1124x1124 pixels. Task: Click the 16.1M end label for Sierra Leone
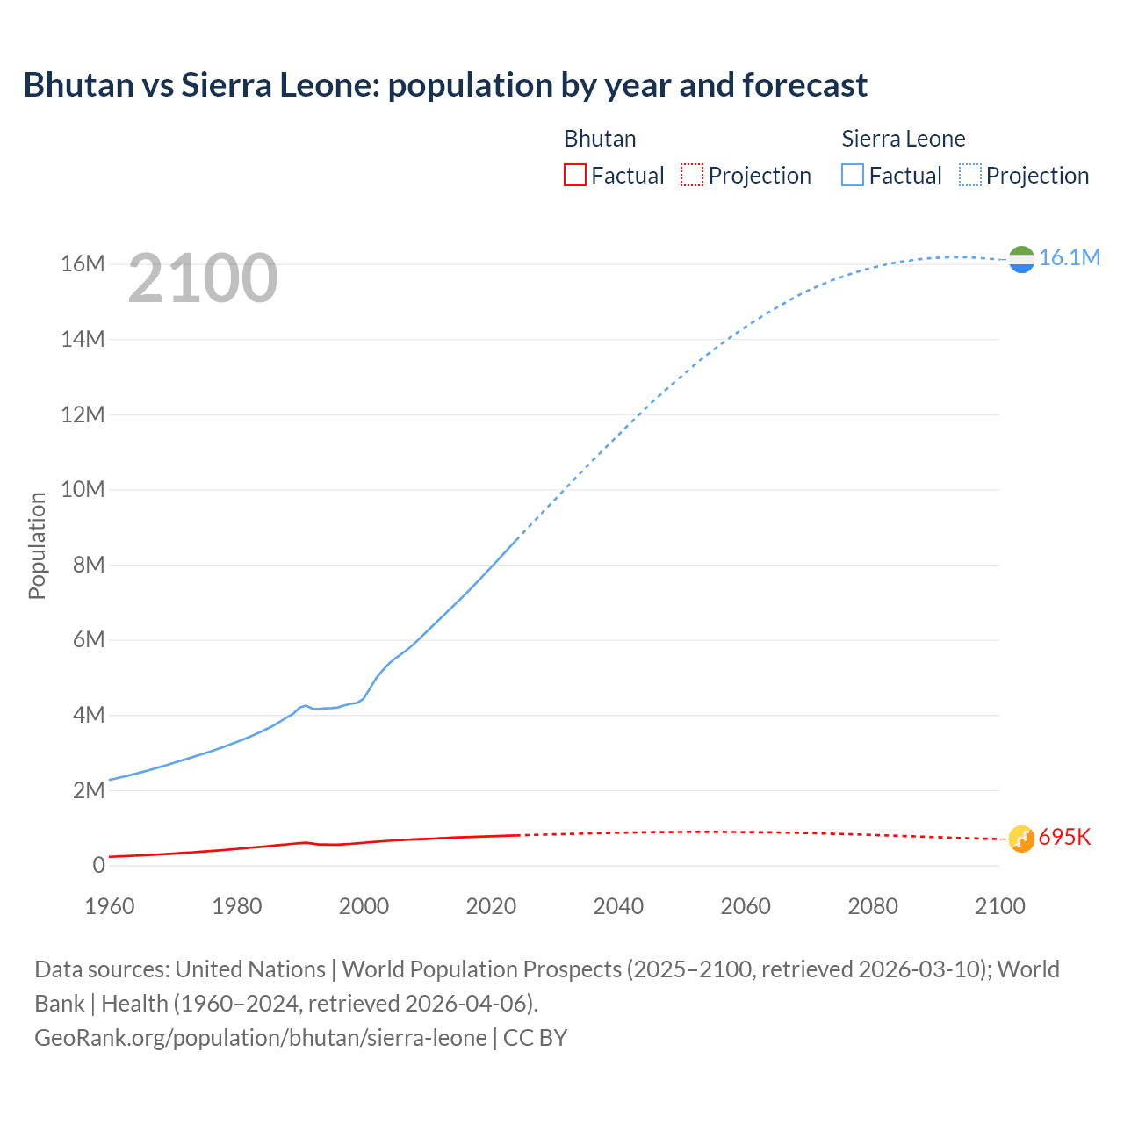click(x=1069, y=257)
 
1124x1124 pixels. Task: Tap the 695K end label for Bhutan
click(x=1064, y=837)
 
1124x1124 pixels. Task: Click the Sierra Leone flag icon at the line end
click(x=1021, y=259)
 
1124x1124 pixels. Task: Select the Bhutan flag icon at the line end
click(x=1021, y=839)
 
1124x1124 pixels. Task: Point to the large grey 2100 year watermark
click(x=203, y=278)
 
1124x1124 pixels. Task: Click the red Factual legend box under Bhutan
click(x=574, y=175)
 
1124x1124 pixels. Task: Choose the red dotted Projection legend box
click(x=692, y=175)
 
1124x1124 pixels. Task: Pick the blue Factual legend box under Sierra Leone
click(x=853, y=175)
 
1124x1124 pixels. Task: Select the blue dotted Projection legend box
click(x=970, y=175)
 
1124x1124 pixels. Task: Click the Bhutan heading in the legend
click(x=600, y=139)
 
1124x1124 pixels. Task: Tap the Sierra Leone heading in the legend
click(x=903, y=139)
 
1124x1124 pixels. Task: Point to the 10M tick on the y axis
click(x=83, y=489)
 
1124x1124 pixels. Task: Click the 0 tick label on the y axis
click(x=98, y=865)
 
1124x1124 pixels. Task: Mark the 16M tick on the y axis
click(x=83, y=263)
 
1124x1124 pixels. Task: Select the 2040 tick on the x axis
click(x=618, y=906)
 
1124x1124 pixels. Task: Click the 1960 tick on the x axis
click(x=110, y=906)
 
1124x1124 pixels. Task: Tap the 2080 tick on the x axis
click(x=873, y=906)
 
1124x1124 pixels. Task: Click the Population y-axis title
click(x=37, y=545)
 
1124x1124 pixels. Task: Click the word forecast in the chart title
click(x=804, y=85)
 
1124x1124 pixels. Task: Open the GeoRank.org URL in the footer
click(x=260, y=1037)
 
